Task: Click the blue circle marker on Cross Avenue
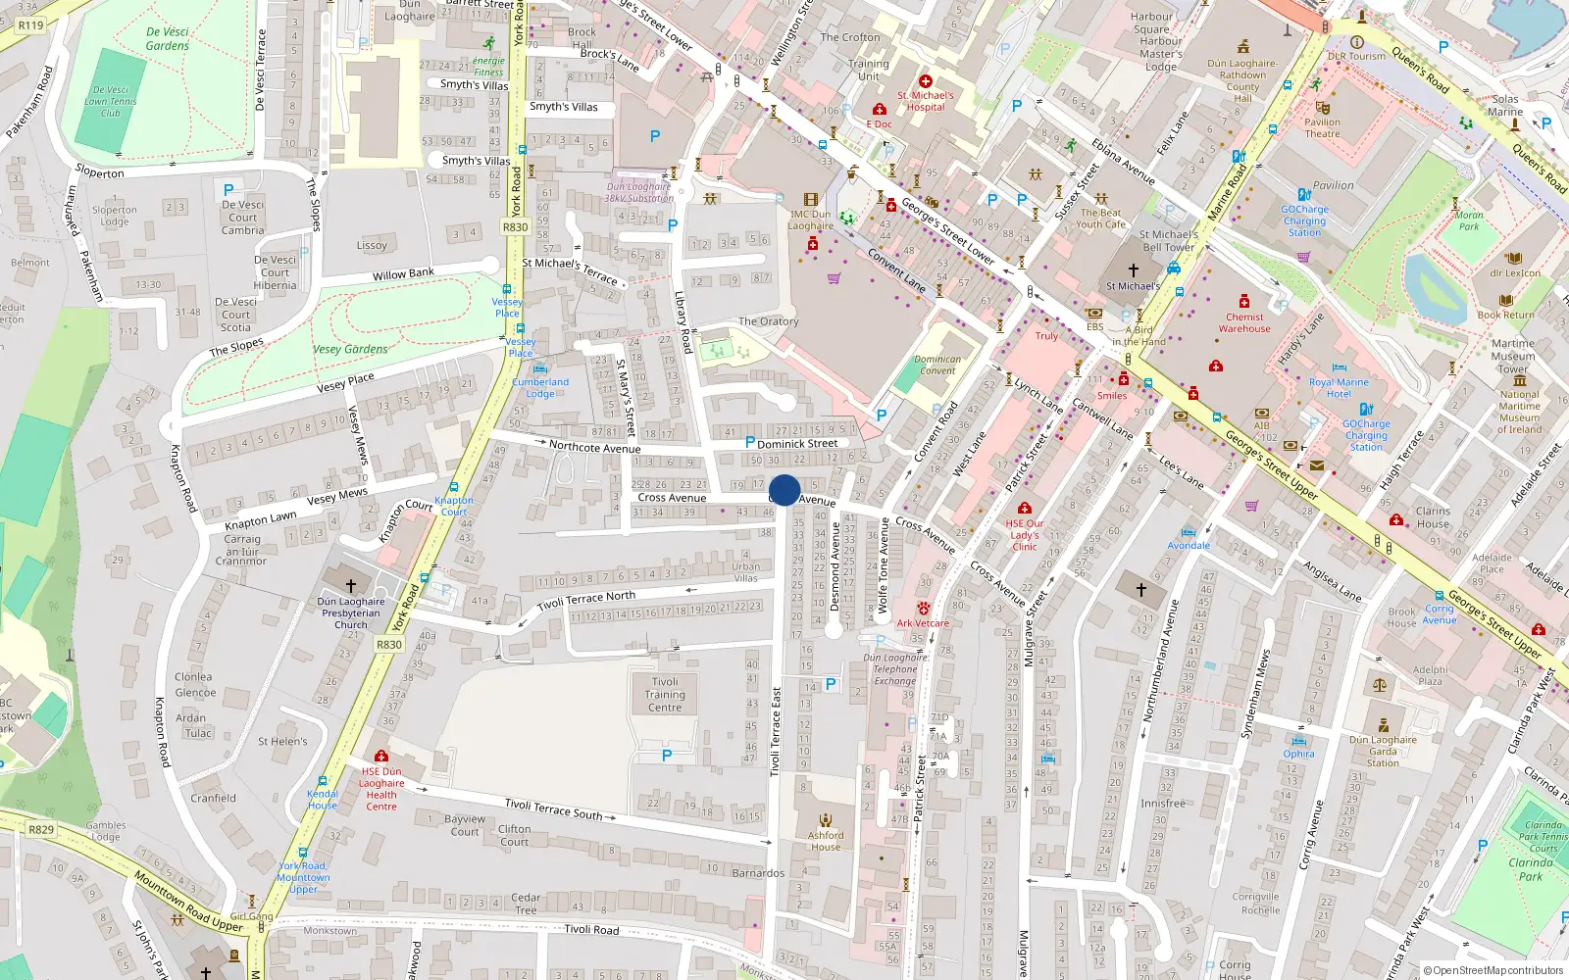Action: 784,490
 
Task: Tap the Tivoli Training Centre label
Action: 665,695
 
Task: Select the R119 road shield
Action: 31,24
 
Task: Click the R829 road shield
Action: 41,830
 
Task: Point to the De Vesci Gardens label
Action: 168,38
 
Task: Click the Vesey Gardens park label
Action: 350,349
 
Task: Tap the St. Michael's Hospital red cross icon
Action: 925,81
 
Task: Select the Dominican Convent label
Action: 937,365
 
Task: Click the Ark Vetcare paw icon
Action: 923,609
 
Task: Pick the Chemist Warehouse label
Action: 1244,322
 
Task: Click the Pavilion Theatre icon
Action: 1322,108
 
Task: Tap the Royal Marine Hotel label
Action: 1339,388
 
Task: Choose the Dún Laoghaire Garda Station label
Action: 1383,751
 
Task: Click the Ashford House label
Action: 826,841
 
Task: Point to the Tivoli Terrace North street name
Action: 586,600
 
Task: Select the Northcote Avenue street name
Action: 594,447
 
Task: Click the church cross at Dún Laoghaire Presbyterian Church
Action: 350,585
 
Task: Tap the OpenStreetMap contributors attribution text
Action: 1493,970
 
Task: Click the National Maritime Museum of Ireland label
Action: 1519,412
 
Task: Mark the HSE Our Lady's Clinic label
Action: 1025,535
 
